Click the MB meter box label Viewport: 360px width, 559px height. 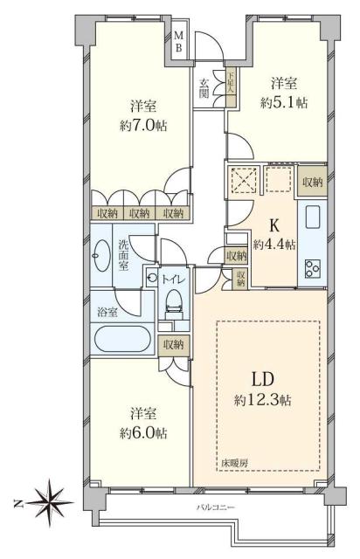178,41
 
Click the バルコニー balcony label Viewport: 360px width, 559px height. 213,509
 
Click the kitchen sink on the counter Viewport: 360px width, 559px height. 312,218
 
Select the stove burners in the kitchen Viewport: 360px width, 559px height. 312,268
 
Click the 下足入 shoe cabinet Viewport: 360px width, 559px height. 232,89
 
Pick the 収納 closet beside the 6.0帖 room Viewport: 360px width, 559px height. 173,344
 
